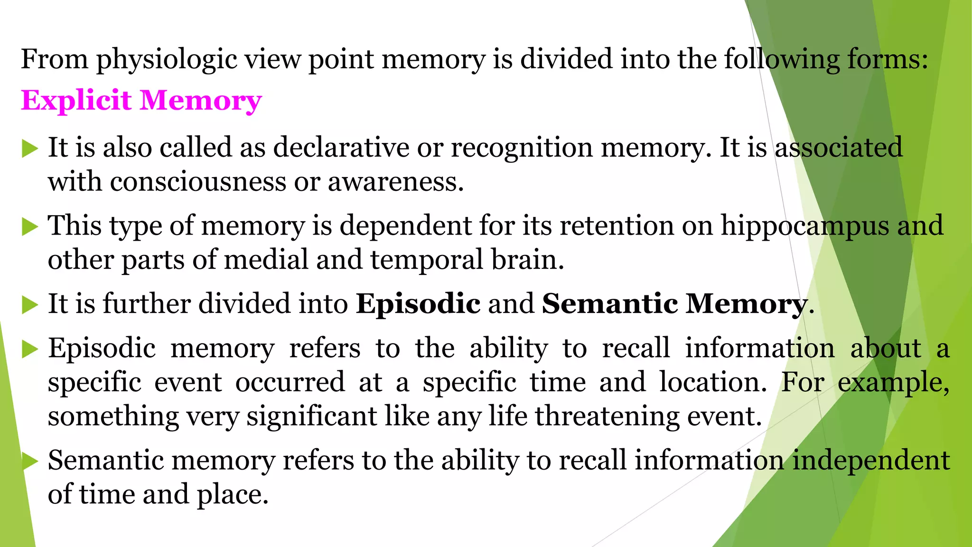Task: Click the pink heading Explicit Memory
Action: (x=141, y=101)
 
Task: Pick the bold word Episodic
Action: (x=418, y=304)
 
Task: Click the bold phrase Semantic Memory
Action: (x=674, y=304)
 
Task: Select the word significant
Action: (x=311, y=416)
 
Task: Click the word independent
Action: (x=871, y=460)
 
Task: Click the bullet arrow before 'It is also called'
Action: (x=30, y=149)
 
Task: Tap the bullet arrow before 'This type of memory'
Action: (x=30, y=226)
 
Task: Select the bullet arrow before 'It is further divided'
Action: (x=30, y=305)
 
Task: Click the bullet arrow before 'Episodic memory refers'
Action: (x=30, y=349)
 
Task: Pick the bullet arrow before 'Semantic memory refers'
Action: (x=30, y=462)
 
